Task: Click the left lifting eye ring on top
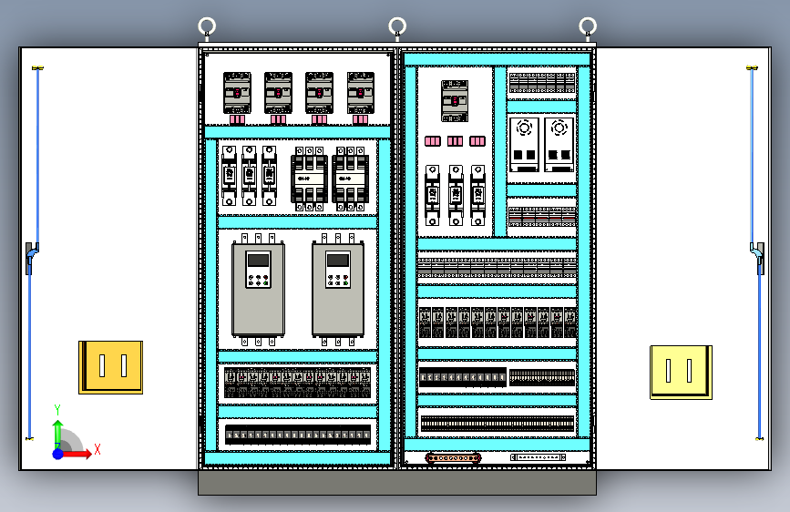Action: tap(207, 26)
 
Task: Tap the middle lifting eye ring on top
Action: tap(397, 26)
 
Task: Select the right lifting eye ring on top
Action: tap(588, 26)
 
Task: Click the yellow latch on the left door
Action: tap(110, 366)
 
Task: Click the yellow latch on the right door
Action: tap(681, 371)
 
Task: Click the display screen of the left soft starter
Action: tap(258, 260)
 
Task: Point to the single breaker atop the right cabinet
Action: tap(455, 100)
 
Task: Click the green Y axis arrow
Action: tap(57, 428)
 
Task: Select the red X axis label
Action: tap(97, 449)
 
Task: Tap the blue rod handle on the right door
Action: tap(758, 254)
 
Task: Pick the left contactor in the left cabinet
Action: tap(309, 179)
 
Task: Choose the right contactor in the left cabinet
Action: tap(351, 179)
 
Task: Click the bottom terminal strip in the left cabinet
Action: tap(298, 435)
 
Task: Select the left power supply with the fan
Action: tap(524, 144)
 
